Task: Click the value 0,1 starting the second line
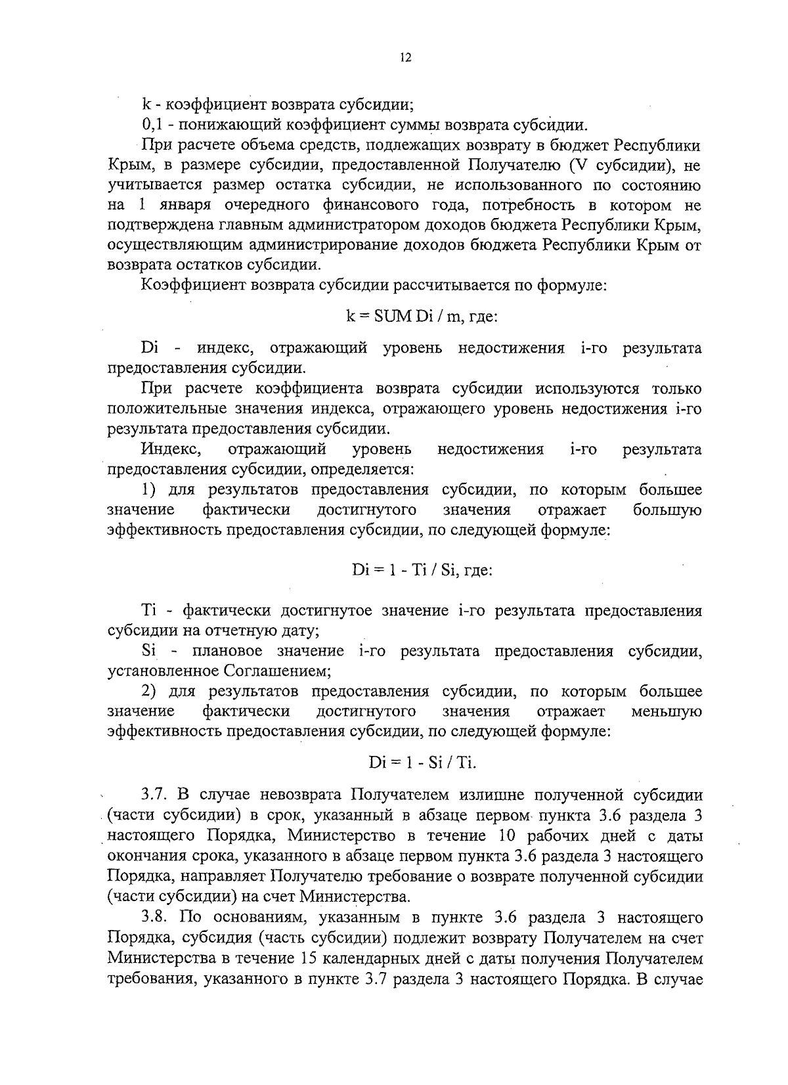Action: (x=152, y=124)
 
